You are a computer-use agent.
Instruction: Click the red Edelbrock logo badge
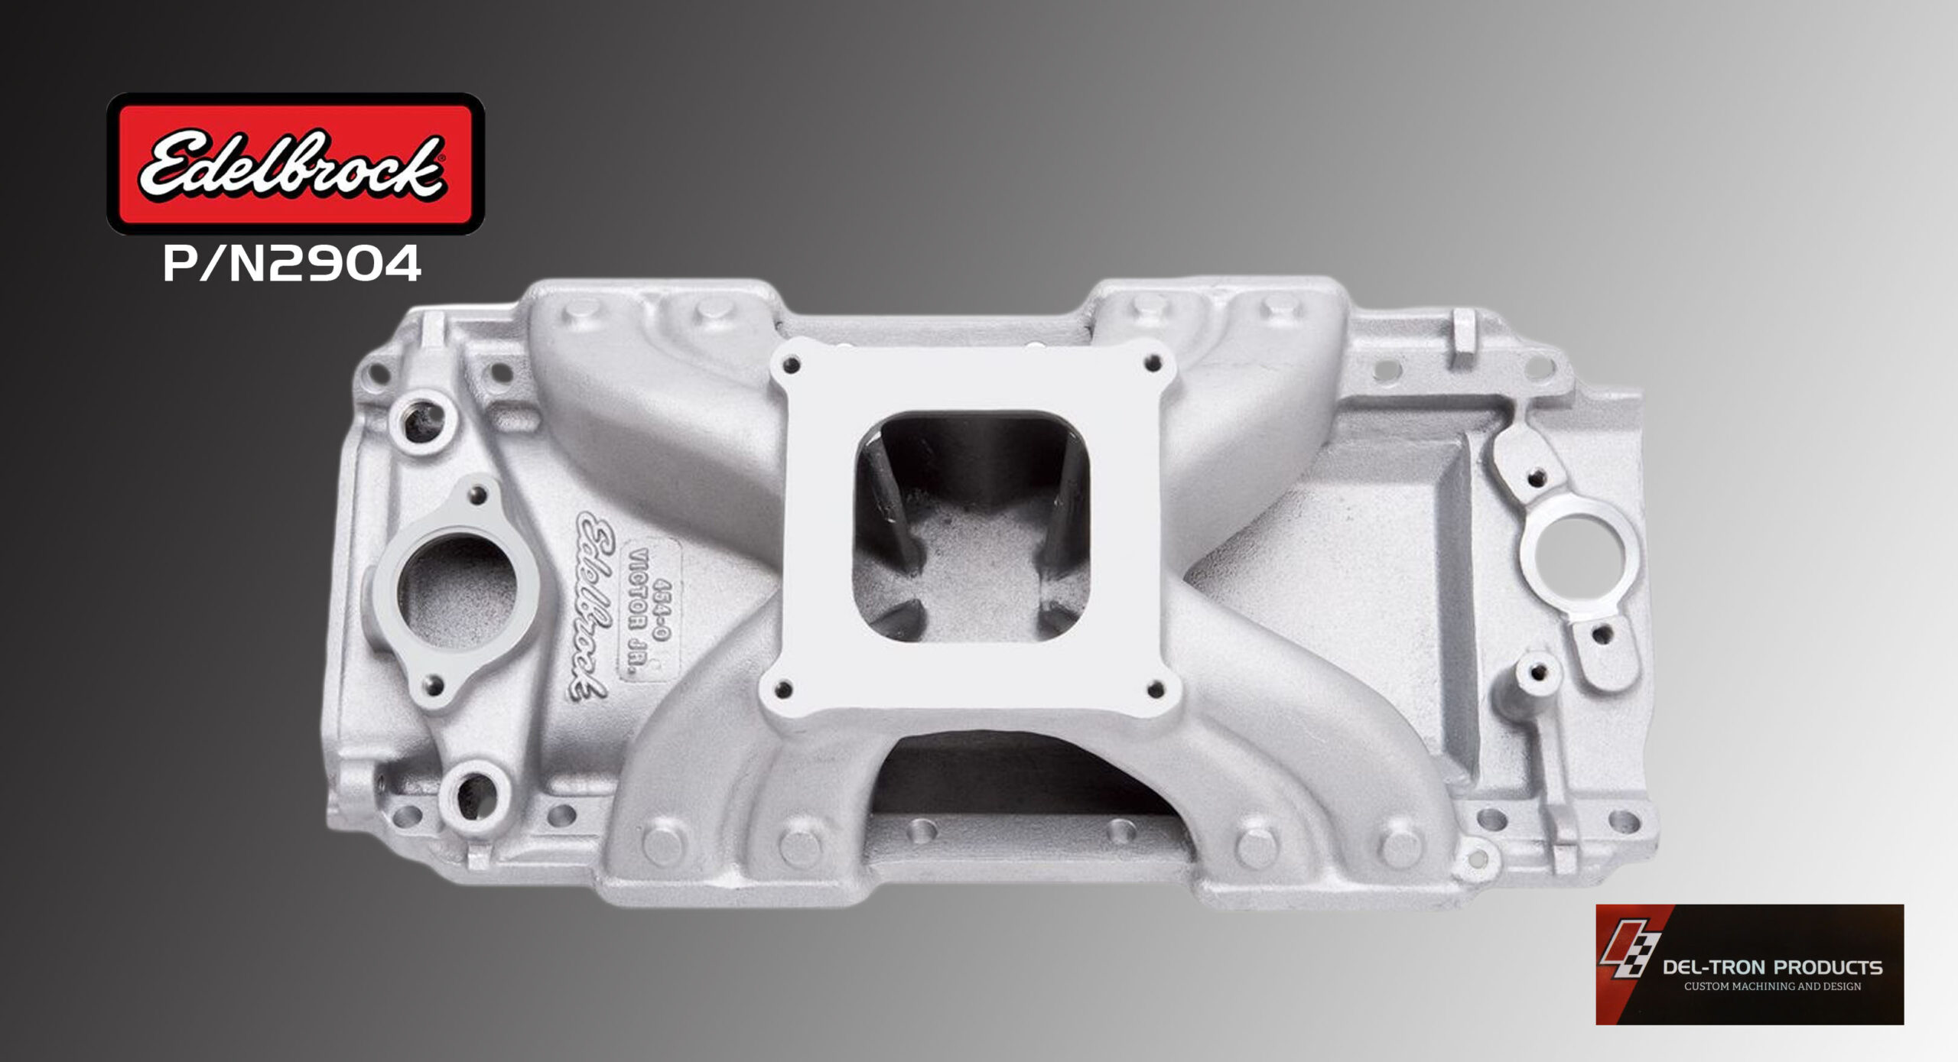click(x=295, y=163)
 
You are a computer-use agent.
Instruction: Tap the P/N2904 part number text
click(x=292, y=264)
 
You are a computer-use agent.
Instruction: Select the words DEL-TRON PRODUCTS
click(x=1772, y=967)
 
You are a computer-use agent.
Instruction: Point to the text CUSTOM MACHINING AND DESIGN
click(x=1772, y=986)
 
